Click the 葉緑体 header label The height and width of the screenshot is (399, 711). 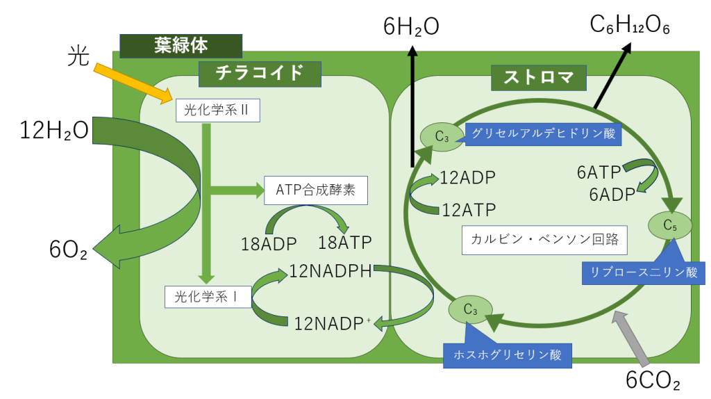point(181,46)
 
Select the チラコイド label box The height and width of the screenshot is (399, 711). point(260,73)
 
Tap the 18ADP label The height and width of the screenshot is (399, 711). point(269,244)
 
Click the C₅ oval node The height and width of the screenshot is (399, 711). point(670,225)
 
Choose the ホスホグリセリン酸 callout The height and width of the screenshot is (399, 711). point(507,355)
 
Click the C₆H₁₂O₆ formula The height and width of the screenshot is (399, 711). point(629,26)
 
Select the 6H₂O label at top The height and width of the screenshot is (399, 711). point(412,26)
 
